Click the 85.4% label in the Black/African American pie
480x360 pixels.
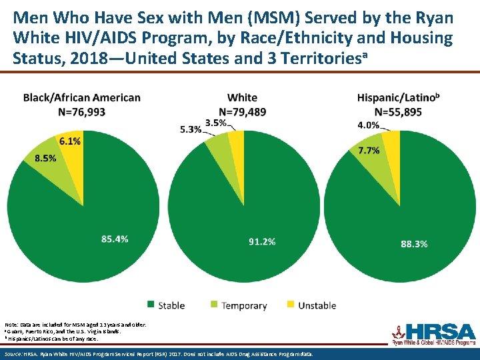(115, 239)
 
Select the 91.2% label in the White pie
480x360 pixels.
(261, 241)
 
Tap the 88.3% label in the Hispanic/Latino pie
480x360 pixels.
(414, 244)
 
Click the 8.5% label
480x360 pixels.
(45, 158)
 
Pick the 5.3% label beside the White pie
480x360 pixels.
(190, 129)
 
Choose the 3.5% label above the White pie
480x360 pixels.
(215, 122)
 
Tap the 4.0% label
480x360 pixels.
(369, 125)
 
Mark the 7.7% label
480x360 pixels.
(369, 151)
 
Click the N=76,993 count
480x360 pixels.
(82, 112)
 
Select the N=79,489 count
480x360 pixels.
(242, 112)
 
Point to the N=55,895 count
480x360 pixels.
(398, 112)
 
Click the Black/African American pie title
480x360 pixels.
(82, 97)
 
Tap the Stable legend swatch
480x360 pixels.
(151, 305)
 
